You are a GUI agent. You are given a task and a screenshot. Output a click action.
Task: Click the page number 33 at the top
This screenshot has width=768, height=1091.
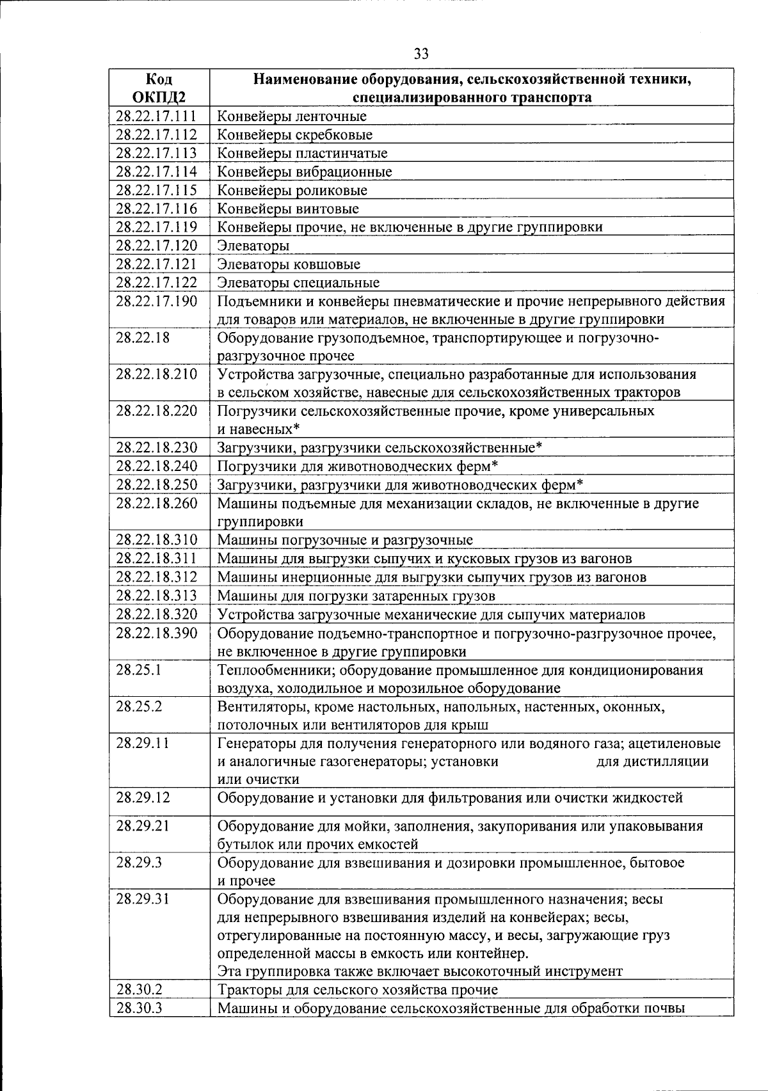coord(421,54)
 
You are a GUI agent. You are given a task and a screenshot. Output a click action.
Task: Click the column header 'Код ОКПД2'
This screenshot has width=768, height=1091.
coord(159,88)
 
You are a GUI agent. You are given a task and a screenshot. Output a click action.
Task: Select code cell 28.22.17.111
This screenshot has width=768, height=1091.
coord(156,116)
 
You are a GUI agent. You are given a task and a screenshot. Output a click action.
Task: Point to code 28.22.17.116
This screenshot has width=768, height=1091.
coord(156,209)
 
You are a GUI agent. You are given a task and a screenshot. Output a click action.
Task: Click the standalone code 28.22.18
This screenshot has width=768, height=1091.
coord(143,338)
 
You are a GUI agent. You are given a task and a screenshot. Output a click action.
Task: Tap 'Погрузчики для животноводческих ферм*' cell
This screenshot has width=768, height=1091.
coord(357,466)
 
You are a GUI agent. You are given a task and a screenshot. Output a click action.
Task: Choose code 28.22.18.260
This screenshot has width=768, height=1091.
coord(156,504)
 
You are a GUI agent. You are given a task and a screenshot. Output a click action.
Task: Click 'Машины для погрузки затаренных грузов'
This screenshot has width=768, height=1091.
coord(356,596)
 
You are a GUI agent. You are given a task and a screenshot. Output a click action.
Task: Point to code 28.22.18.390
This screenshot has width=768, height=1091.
coord(156,633)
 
